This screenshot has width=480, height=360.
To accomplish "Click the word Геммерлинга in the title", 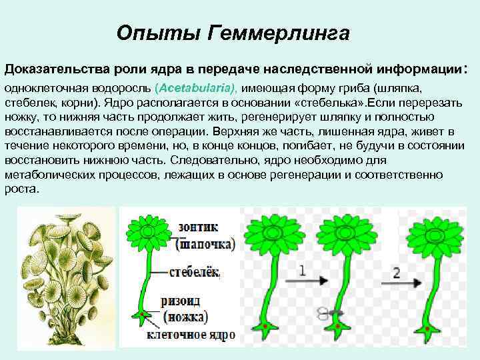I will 278,33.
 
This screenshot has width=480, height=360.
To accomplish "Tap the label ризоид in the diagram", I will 181,301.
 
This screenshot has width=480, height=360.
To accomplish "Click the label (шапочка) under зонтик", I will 205,243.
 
